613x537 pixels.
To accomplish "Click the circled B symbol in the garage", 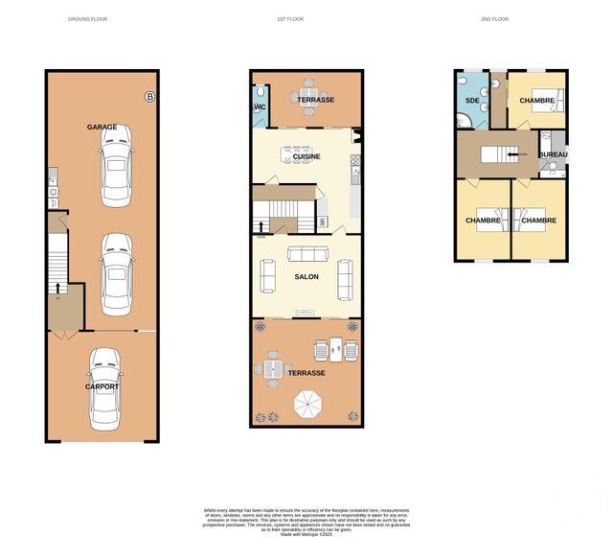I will [148, 95].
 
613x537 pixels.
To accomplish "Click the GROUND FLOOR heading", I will [88, 19].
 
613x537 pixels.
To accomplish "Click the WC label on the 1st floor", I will [260, 107].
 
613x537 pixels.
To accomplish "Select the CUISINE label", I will [306, 156].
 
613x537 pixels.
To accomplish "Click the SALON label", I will [306, 277].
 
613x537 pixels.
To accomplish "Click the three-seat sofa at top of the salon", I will [307, 254].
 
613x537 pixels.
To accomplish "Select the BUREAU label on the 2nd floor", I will [554, 154].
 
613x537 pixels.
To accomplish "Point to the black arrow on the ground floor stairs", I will [59, 285].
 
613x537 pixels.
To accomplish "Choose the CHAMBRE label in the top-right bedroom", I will [537, 101].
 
